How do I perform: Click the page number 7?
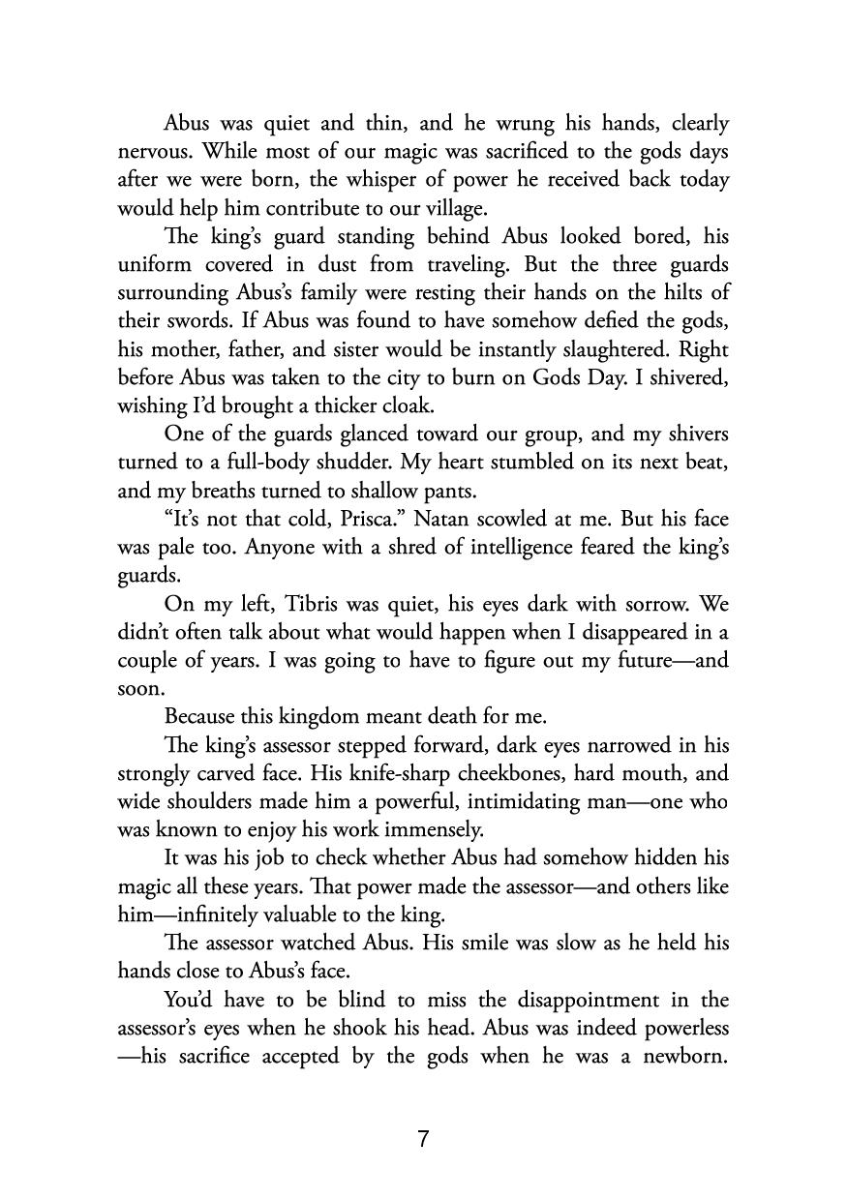coord(423,1139)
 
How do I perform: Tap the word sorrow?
coord(650,604)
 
